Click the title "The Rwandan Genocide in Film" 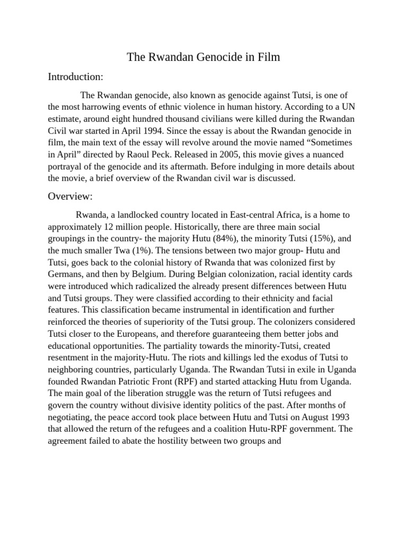(x=203, y=57)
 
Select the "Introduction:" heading (x=75, y=77)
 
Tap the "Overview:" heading (x=70, y=196)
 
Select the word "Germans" (x=66, y=274)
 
